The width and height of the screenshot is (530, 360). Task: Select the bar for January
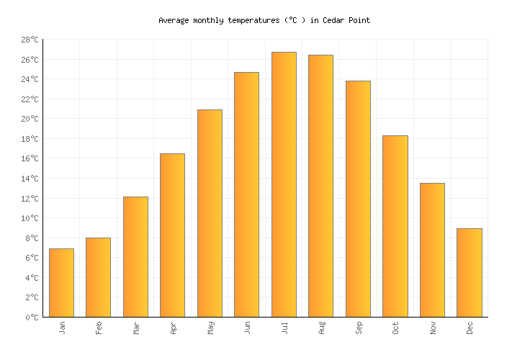click(x=61, y=283)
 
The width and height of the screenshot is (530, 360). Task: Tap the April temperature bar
click(x=172, y=235)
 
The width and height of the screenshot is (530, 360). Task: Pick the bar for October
click(x=395, y=226)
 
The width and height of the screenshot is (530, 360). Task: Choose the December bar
click(x=469, y=273)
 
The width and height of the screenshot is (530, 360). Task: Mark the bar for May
click(x=210, y=213)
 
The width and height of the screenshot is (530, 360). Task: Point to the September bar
click(x=358, y=199)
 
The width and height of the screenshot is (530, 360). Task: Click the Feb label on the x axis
click(x=99, y=328)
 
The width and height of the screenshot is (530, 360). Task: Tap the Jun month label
click(x=247, y=328)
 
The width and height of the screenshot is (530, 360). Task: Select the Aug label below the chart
click(x=321, y=328)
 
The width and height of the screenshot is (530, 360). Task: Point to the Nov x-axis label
click(x=432, y=328)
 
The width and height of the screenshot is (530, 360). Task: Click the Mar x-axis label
click(x=136, y=328)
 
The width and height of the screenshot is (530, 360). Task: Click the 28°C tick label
click(x=29, y=40)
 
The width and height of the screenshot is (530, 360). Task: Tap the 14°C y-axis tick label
click(x=29, y=179)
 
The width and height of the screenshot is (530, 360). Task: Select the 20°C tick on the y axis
click(x=29, y=119)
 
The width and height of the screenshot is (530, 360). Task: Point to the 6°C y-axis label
click(x=31, y=258)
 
